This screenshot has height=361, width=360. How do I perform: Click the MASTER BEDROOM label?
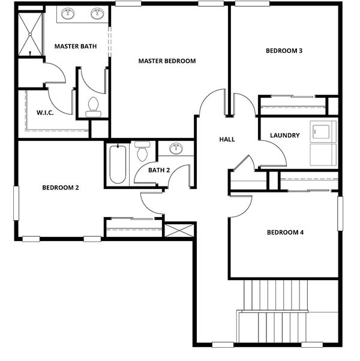[x=167, y=61]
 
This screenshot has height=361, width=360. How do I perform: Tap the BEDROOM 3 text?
[x=284, y=50]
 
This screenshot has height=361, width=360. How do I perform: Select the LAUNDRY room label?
[x=284, y=136]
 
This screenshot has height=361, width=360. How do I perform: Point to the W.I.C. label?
[x=45, y=113]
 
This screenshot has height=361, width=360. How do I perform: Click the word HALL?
[x=227, y=139]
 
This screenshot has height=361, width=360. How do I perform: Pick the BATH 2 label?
[x=159, y=170]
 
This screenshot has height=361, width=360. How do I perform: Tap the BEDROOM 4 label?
[x=285, y=232]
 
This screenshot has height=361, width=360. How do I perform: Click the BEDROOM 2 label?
[x=61, y=188]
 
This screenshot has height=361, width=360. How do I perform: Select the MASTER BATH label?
[x=76, y=46]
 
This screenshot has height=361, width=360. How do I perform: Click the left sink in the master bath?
[x=68, y=14]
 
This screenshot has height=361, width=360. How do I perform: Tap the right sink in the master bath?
[x=97, y=14]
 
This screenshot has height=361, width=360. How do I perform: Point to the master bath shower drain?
[x=30, y=34]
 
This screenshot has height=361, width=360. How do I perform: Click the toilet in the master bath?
[x=93, y=107]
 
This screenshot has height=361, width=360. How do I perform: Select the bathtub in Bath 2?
[x=118, y=164]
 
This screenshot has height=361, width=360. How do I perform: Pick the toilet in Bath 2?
[x=142, y=151]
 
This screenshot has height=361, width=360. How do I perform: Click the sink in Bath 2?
[x=176, y=149]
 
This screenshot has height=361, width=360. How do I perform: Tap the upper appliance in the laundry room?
[x=323, y=132]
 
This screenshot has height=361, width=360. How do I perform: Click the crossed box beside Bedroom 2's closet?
[x=179, y=230]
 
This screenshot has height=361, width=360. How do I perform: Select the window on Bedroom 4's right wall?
[x=340, y=213]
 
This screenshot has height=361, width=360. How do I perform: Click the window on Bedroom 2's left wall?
[x=16, y=203]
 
